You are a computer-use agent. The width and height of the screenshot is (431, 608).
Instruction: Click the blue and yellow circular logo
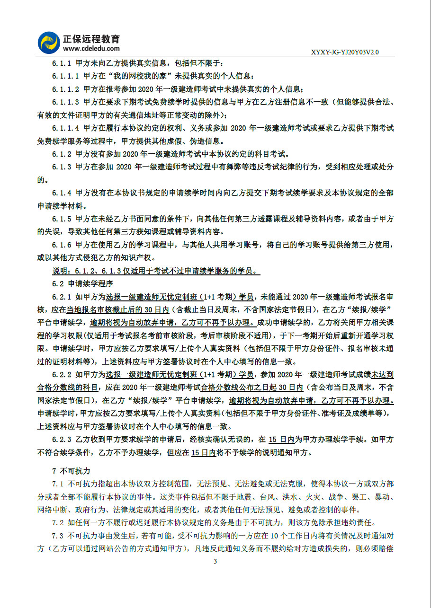(49, 42)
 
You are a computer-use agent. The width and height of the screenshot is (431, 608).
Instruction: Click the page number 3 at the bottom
(215, 561)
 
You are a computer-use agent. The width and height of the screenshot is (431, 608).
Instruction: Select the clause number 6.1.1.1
(65, 76)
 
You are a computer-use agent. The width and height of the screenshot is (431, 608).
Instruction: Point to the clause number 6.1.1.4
(65, 128)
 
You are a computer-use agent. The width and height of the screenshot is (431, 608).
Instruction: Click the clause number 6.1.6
(62, 245)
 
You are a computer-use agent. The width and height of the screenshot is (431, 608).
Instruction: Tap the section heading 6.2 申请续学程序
(82, 284)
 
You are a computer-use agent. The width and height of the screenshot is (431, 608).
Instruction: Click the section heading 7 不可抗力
(71, 471)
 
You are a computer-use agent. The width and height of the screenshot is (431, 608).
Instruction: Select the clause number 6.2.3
(62, 440)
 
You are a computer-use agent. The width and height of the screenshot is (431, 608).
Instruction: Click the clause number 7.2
(58, 523)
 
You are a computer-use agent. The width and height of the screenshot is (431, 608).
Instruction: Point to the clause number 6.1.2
(62, 154)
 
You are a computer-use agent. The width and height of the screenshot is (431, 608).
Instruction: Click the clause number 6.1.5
(62, 219)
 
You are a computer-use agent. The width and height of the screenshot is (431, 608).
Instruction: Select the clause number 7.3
(58, 536)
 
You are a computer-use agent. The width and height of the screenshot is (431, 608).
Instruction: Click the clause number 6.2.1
(62, 297)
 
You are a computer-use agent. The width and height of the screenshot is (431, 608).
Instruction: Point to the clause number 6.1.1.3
(65, 102)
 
